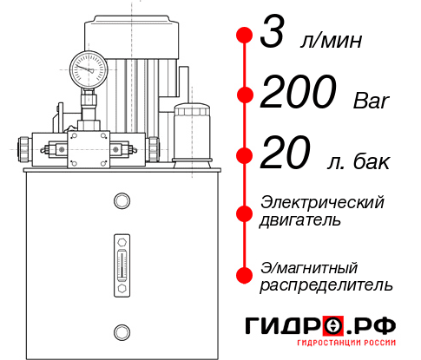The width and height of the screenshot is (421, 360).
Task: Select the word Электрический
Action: coord(322,201)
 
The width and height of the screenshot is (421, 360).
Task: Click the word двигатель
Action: coord(300,219)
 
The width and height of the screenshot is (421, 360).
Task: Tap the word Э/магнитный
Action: coord(310,266)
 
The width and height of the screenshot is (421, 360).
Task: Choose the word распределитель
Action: coord(326,285)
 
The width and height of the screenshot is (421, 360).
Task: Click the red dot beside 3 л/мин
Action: coord(244,36)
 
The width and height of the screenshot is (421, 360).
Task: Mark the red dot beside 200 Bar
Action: coord(244,95)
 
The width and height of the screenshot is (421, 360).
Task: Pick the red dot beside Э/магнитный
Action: coord(244,274)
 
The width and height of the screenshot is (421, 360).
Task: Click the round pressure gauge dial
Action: coord(88,67)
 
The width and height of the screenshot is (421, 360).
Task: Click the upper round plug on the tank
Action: coord(121,201)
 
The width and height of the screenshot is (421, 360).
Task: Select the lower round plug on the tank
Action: coord(121,330)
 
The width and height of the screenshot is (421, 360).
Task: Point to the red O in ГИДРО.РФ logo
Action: coord(333,325)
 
